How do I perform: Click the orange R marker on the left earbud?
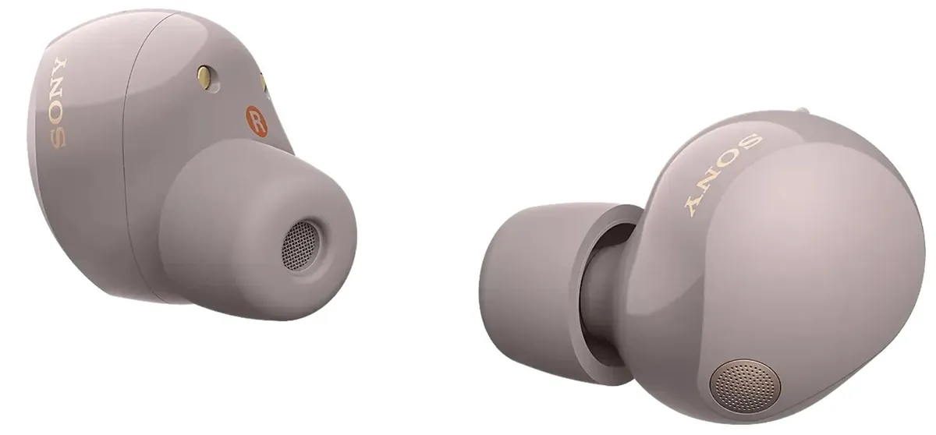point(256,121)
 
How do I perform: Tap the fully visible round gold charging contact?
point(204,75)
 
